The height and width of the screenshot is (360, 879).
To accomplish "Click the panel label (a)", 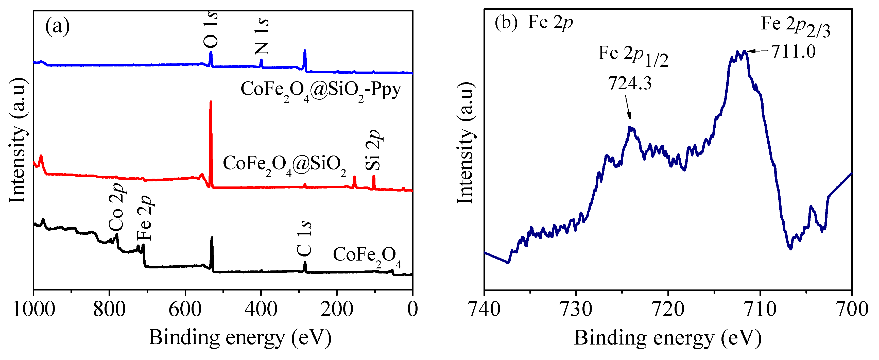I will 57,26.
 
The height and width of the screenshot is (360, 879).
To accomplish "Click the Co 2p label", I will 116,207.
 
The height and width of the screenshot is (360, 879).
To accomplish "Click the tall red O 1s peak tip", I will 211,102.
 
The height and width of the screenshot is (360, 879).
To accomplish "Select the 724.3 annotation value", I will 630,83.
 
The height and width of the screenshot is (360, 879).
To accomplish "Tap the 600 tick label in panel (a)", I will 185,310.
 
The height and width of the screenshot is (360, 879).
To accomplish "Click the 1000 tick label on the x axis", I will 34,310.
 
